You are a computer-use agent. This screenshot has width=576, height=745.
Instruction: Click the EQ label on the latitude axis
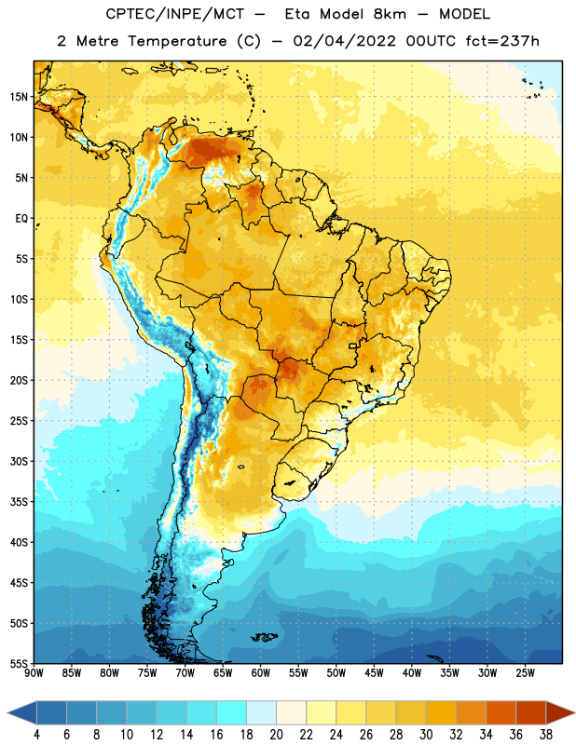coord(21,219)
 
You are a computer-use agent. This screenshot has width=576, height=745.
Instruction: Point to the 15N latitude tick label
coord(19,97)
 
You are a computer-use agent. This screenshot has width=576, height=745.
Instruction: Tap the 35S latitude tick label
coord(19,502)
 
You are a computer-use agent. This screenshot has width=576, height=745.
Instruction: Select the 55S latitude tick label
coord(19,663)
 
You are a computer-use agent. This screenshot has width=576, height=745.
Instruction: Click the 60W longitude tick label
coord(261,672)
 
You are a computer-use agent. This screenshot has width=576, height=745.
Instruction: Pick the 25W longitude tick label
coord(525,672)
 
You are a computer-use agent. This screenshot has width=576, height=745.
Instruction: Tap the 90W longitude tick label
coord(34,672)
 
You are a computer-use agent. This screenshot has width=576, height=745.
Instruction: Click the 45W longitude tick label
coord(374,672)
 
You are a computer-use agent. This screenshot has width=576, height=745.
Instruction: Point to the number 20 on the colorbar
coord(276,735)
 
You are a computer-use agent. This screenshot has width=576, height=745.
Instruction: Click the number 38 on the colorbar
coord(546,735)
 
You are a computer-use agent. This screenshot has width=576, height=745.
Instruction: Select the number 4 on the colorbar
coord(36,735)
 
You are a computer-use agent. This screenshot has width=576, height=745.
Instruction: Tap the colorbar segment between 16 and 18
coord(232,712)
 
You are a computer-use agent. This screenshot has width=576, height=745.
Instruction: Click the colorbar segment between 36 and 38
coord(531,712)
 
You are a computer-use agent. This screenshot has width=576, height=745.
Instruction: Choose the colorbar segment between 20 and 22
coord(291,712)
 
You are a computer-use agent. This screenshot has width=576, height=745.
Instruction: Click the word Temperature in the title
coord(177,42)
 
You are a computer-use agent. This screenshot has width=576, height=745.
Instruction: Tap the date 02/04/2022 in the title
coord(344,41)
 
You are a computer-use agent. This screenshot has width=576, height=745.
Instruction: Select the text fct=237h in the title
coord(502,41)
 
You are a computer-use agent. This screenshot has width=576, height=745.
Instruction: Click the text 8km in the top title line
coord(390,14)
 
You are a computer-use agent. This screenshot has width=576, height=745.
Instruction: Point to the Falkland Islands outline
coord(264,637)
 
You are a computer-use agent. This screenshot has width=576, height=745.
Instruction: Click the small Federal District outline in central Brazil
coord(353,345)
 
